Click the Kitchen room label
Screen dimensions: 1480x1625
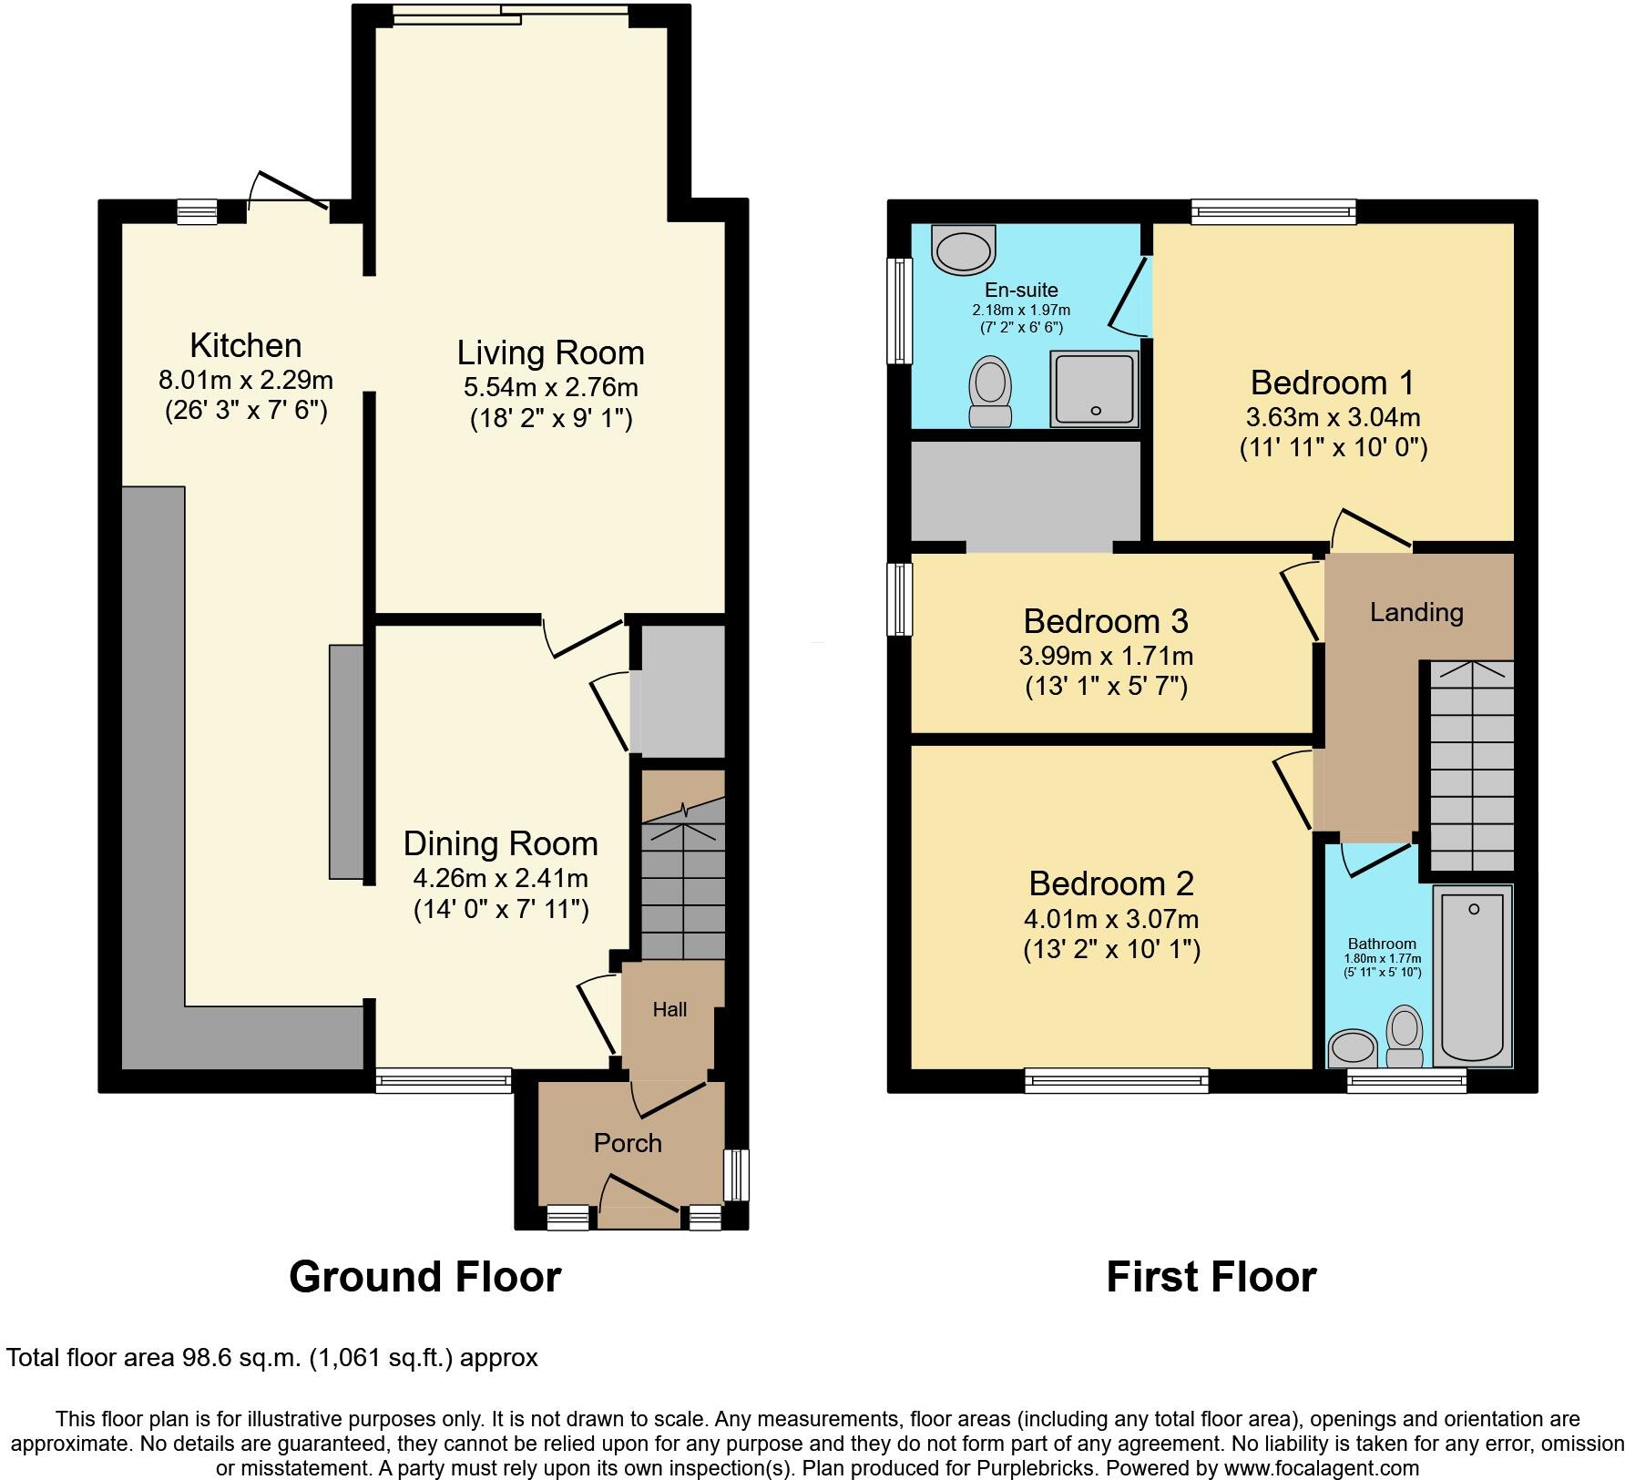[x=245, y=346]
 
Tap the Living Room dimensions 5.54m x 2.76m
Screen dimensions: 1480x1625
[x=550, y=387]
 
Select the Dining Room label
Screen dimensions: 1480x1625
[x=500, y=843]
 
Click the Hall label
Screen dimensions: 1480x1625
[x=669, y=1009]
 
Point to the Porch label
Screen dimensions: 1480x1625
[x=628, y=1143]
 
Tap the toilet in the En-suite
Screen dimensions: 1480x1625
[x=989, y=391]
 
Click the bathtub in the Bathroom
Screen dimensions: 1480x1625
[x=1472, y=975]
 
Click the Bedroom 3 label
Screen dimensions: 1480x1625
[x=1105, y=621]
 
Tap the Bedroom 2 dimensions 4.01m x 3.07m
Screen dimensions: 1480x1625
[x=1110, y=919]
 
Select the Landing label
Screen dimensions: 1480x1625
[x=1416, y=612]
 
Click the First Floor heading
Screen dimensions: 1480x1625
[x=1211, y=1277]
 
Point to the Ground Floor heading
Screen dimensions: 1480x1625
[x=424, y=1277]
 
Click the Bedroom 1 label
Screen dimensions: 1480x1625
[x=1333, y=383]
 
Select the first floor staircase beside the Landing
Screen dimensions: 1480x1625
[x=1471, y=765]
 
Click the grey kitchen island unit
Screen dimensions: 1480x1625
[x=346, y=761]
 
